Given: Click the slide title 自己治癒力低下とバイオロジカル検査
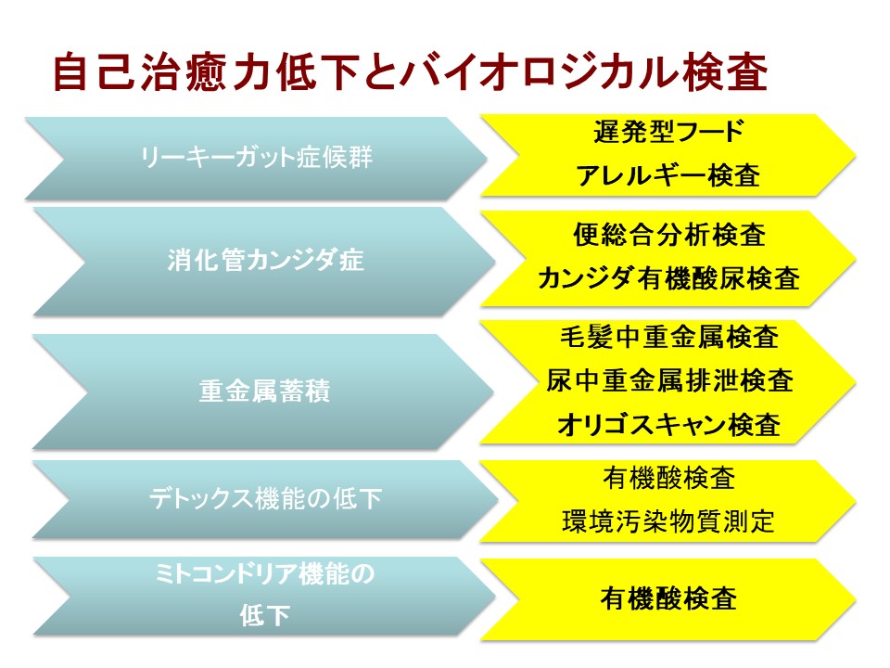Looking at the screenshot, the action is click(410, 72).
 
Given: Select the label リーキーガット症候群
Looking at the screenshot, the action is click(256, 158).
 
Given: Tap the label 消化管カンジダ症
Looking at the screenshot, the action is click(265, 260).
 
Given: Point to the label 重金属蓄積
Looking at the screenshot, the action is click(264, 392).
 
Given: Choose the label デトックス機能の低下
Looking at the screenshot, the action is click(265, 499).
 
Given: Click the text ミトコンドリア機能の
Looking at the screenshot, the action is click(264, 573).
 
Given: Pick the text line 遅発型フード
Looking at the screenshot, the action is click(668, 132).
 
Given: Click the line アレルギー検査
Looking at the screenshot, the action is click(668, 175).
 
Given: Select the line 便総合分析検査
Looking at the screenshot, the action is click(668, 235).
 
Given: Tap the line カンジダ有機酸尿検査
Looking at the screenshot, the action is click(668, 278).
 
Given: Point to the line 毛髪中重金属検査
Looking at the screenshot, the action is click(668, 337).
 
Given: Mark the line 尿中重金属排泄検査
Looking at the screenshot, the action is click(668, 380).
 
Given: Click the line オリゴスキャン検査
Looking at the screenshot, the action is click(668, 424).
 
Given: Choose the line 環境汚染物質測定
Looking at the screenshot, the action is click(668, 521).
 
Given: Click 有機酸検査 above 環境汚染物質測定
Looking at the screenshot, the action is click(668, 478).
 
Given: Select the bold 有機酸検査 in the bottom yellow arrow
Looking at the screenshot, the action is click(668, 598).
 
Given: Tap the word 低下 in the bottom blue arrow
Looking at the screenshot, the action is click(264, 616).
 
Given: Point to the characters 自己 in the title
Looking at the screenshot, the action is click(94, 72).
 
